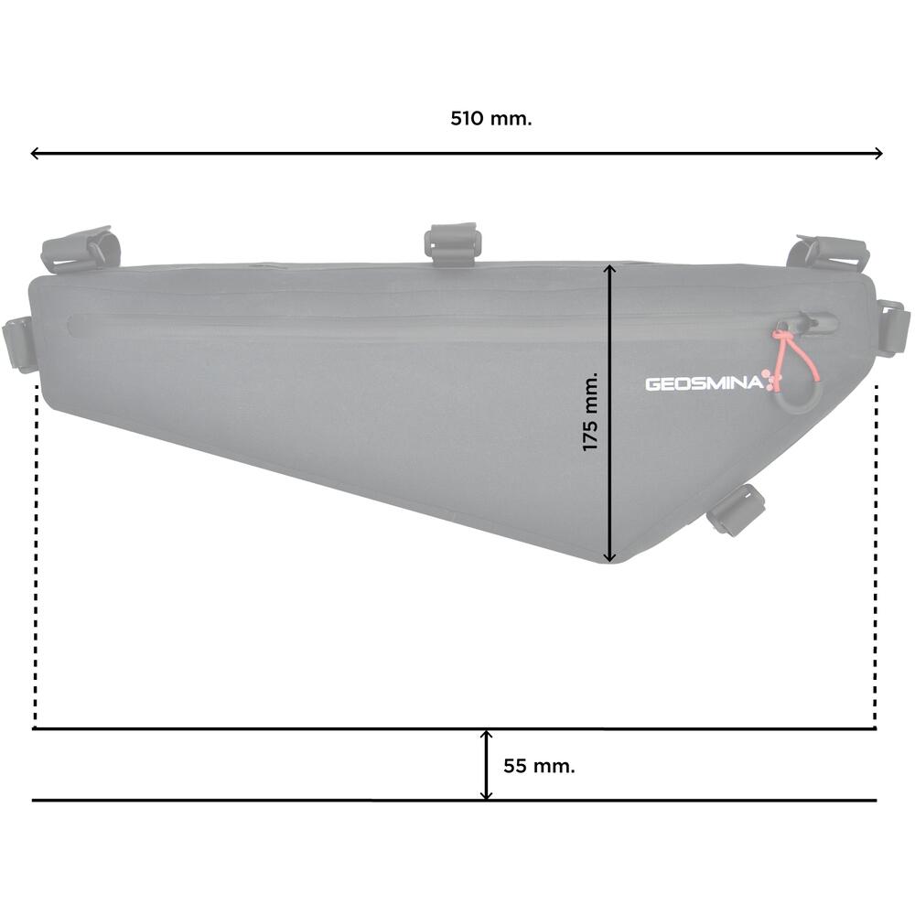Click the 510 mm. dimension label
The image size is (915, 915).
tap(490, 118)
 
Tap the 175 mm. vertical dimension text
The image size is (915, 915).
tap(590, 412)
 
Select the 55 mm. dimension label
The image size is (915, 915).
tap(539, 766)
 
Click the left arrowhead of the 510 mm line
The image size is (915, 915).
tap(35, 154)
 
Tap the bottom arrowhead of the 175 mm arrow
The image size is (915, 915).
tap(609, 556)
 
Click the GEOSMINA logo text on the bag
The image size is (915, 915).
tap(704, 383)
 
